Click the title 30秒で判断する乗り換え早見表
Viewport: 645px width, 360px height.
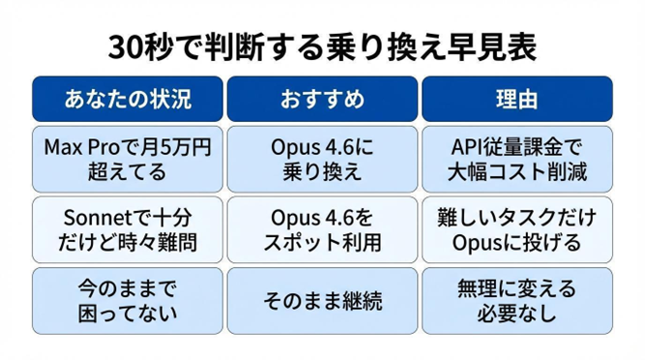tap(321, 45)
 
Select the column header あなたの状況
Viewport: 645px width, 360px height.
tap(128, 99)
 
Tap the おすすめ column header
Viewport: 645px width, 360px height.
tap(322, 99)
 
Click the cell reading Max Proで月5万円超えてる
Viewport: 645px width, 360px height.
tap(128, 160)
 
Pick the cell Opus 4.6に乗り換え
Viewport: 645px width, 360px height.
tap(322, 160)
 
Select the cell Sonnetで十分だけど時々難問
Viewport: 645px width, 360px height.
tap(128, 228)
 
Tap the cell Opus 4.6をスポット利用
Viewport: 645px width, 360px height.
tap(322, 228)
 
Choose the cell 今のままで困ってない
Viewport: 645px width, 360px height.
tap(128, 299)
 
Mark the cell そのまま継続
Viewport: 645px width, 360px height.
tap(322, 300)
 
